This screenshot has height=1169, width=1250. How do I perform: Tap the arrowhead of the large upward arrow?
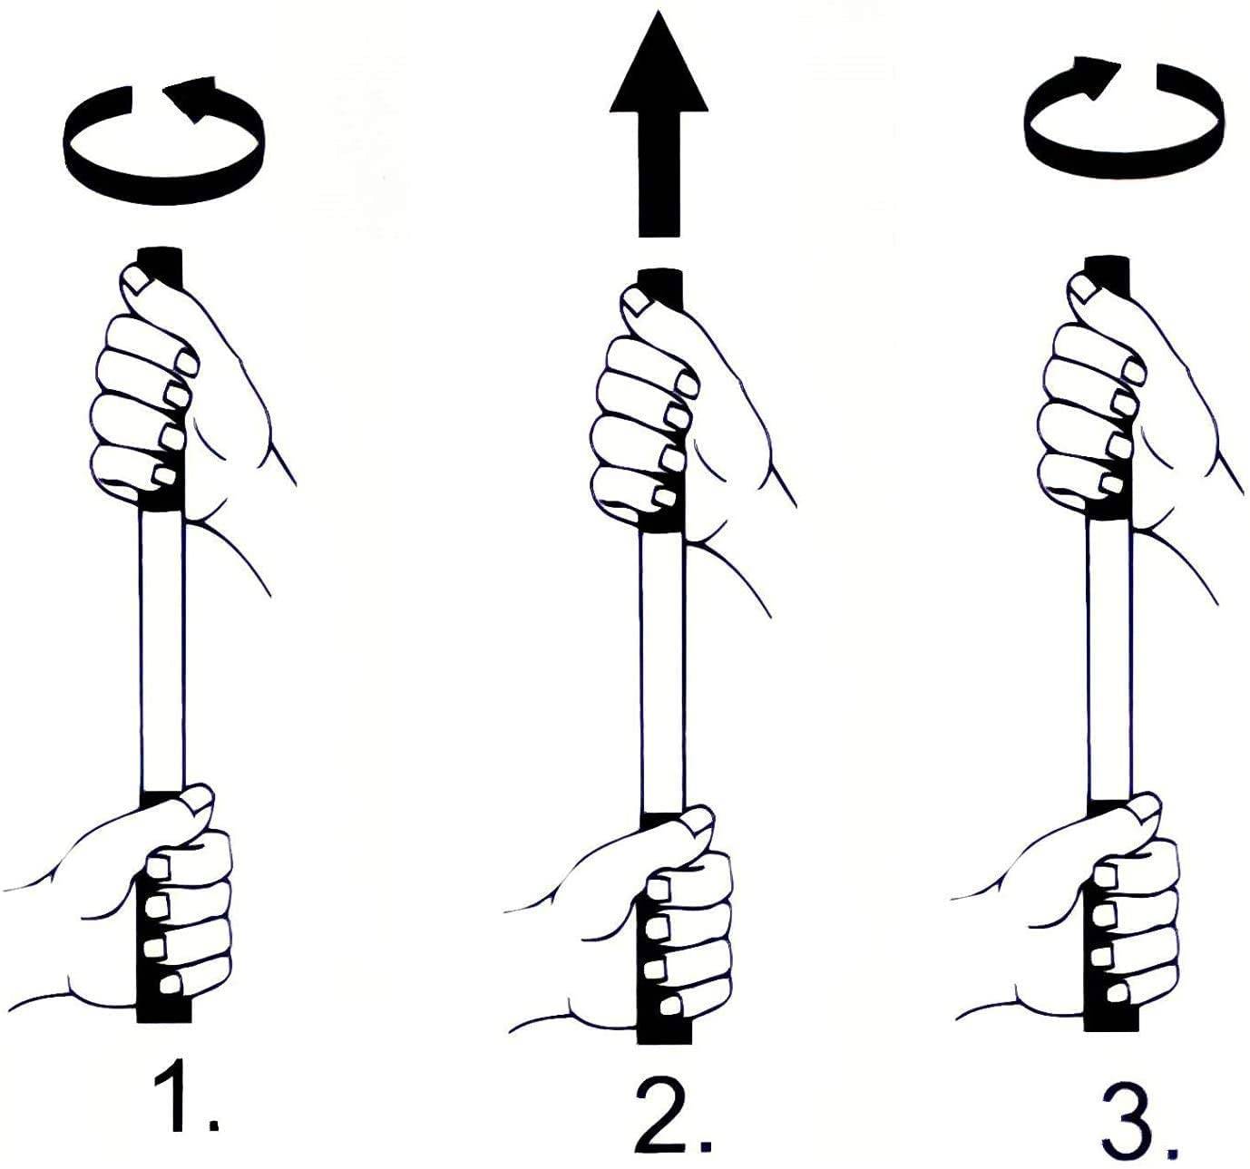coord(659,62)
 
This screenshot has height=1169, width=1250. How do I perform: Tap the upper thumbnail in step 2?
coord(637,302)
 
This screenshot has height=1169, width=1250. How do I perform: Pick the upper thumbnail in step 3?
coord(1085,287)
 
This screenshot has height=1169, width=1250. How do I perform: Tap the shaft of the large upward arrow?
coord(659,175)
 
